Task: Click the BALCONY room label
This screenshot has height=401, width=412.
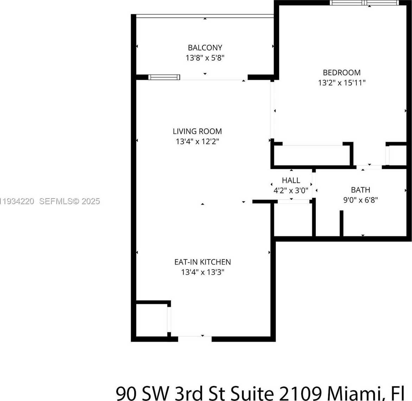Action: point(205,48)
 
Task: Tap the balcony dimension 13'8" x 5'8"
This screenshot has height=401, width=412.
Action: point(205,58)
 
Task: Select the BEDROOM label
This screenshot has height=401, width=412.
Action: point(342,73)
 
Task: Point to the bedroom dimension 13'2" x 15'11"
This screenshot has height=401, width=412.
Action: point(342,83)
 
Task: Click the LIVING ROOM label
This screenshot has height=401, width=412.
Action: point(197,131)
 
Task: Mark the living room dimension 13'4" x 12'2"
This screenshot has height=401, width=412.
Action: point(197,142)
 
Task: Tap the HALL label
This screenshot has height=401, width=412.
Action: point(291,180)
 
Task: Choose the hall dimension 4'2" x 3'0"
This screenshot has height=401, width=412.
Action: point(291,190)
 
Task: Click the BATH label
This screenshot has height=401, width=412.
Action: point(360,190)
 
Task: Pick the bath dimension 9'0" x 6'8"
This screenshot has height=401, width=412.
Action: point(360,200)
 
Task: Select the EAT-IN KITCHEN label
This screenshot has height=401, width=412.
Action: point(203,262)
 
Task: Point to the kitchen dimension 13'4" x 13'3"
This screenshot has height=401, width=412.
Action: point(203,272)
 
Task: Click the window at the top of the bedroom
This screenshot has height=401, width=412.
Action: point(364,3)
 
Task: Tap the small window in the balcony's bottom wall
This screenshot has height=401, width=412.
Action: point(164,77)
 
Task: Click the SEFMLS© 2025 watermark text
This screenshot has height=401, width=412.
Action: point(70,201)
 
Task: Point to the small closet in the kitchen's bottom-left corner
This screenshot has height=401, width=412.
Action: point(152,320)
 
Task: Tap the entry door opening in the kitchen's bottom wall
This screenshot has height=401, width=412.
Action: point(195,339)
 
